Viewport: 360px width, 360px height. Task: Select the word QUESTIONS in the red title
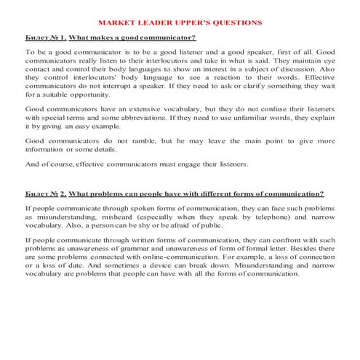[x=236, y=23]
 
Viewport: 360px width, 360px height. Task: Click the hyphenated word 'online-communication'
[x=184, y=260]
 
